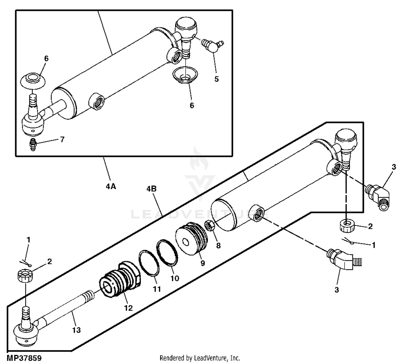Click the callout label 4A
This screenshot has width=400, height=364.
(x=111, y=186)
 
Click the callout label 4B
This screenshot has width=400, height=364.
(x=151, y=189)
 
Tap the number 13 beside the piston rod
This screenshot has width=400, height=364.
(x=76, y=330)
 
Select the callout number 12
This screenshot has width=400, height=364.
(x=128, y=308)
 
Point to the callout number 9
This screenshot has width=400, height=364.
(x=203, y=263)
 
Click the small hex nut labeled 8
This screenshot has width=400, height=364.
(x=210, y=225)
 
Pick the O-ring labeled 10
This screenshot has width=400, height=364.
(x=167, y=253)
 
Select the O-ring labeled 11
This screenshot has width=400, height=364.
(x=149, y=263)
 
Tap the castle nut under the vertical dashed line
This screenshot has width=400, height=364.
(x=347, y=225)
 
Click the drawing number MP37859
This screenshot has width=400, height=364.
(x=24, y=358)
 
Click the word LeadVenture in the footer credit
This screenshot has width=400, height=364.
(x=211, y=358)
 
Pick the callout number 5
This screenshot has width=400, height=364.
(x=217, y=79)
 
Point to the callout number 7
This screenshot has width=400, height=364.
(x=62, y=139)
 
